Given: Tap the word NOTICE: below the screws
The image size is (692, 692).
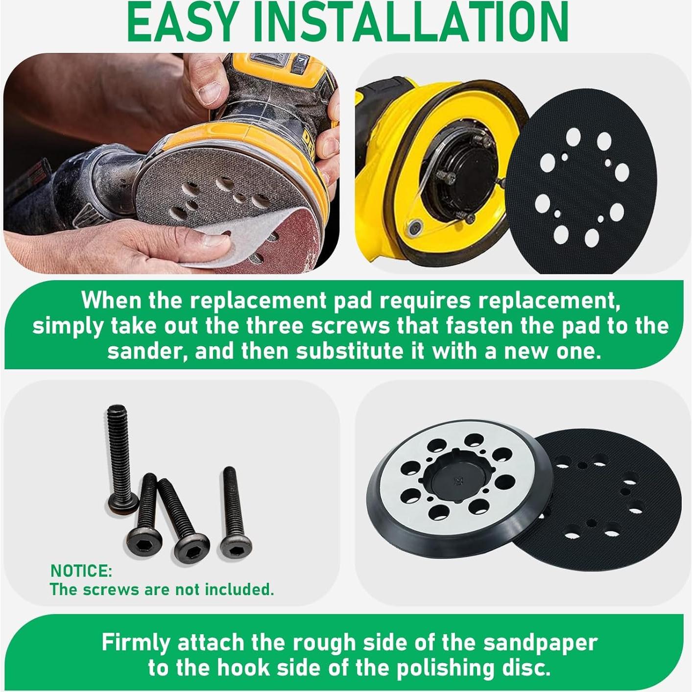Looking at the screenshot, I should coord(81,571).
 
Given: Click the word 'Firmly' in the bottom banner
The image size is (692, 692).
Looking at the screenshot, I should coord(135,643).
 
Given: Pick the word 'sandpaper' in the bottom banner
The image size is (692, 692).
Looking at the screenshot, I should coord(540,643).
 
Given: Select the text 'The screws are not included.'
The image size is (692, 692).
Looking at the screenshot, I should coord(162,589).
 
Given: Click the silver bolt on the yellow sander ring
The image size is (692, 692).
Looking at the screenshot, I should coord(416,226).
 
